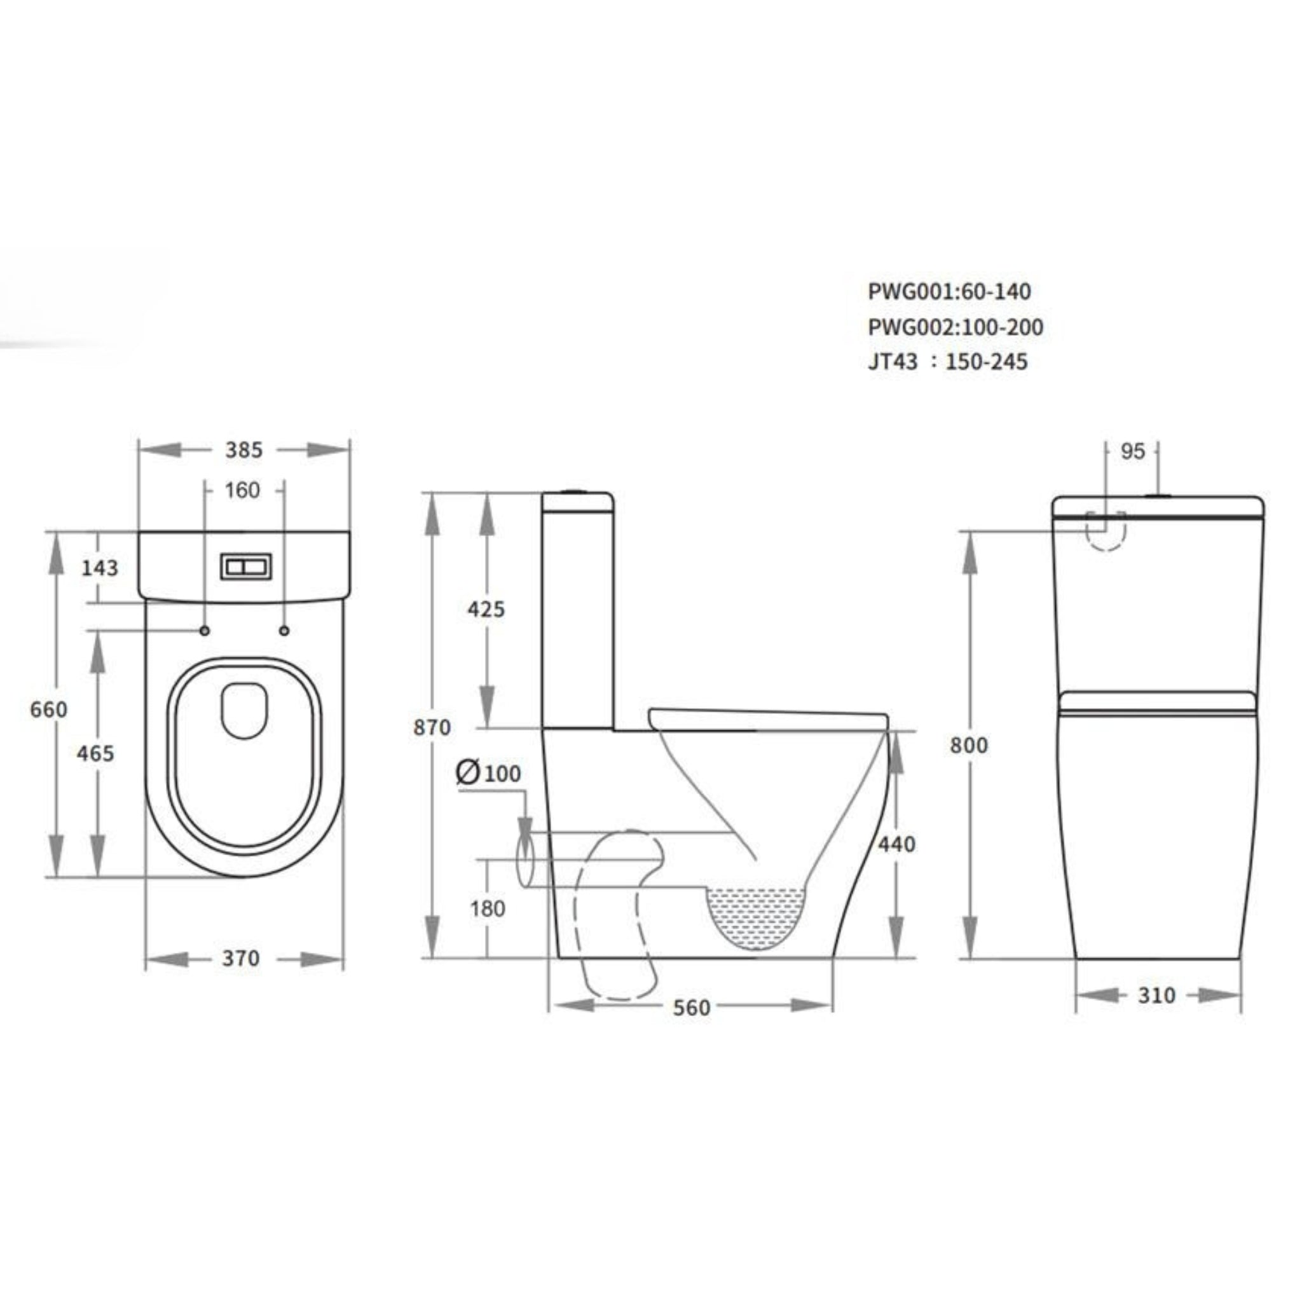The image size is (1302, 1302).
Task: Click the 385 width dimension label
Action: (x=243, y=450)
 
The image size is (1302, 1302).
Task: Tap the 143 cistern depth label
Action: (x=100, y=568)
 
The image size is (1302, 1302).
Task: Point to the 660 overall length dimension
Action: (x=48, y=709)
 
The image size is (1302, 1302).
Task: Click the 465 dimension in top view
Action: (x=95, y=753)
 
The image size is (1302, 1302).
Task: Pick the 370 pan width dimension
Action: (x=240, y=958)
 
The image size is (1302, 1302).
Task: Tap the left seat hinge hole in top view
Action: (x=205, y=631)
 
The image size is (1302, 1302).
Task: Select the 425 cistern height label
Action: (x=486, y=609)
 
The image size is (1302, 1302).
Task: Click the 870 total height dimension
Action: (x=432, y=728)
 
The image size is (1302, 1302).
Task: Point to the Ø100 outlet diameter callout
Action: (x=489, y=773)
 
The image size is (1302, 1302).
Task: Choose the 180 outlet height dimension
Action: (x=487, y=908)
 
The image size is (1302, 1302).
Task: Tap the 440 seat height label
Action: (x=896, y=844)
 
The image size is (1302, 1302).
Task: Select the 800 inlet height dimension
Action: (x=968, y=745)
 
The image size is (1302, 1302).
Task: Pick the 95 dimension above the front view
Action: (x=1133, y=451)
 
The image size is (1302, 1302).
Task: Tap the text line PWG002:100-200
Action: (x=955, y=327)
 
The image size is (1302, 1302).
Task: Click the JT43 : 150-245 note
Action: (x=947, y=362)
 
